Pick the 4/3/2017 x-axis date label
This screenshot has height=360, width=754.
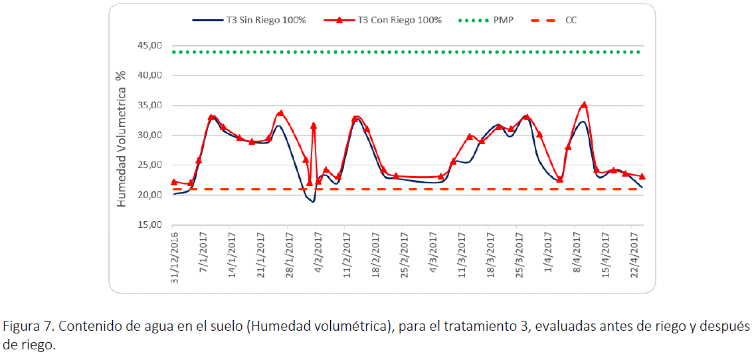(434, 253)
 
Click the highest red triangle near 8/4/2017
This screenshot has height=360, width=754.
(584, 105)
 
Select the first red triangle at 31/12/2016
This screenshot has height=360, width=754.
(174, 181)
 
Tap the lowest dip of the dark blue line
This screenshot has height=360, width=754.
(312, 201)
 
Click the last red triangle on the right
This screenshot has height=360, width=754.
(642, 176)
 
